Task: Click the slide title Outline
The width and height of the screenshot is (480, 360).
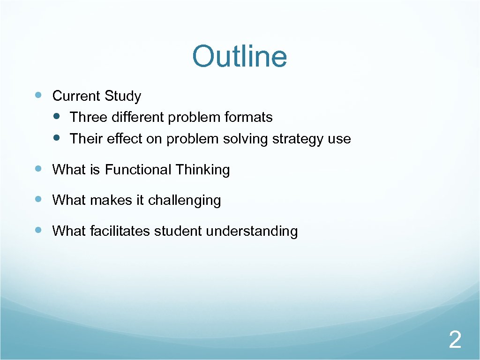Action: (240, 56)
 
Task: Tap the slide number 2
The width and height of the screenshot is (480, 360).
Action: (455, 339)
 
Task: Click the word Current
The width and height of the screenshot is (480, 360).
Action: (76, 96)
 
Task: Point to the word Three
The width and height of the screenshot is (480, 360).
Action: (89, 117)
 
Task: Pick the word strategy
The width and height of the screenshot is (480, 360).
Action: (298, 139)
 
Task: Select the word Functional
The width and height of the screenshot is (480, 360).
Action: (138, 169)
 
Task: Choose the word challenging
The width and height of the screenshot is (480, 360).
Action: (184, 201)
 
